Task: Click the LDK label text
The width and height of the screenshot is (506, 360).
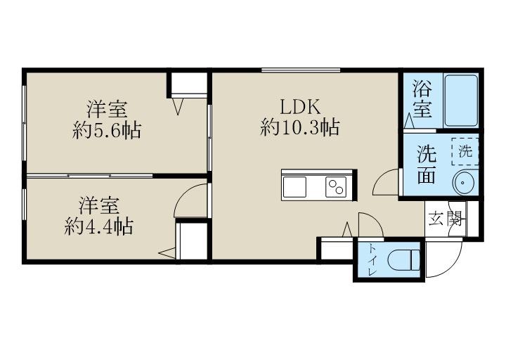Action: [300, 107]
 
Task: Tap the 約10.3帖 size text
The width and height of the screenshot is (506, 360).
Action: [300, 127]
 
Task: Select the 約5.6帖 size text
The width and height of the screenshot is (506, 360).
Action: [107, 131]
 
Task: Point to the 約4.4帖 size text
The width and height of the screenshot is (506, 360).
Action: [99, 226]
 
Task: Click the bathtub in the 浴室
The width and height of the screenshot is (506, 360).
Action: [460, 101]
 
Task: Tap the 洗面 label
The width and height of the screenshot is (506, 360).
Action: [427, 165]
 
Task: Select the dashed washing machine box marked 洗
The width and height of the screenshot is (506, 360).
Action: [465, 151]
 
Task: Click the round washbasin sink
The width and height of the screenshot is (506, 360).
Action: [464, 183]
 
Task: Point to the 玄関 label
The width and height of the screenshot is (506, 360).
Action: [445, 219]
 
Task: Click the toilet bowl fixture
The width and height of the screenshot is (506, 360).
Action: [403, 260]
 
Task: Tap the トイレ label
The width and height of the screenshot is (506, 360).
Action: [372, 260]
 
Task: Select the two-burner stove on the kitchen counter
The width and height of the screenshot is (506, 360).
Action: [336, 187]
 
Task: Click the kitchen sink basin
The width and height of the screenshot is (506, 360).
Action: [294, 187]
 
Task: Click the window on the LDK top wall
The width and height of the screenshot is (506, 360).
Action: [301, 70]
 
